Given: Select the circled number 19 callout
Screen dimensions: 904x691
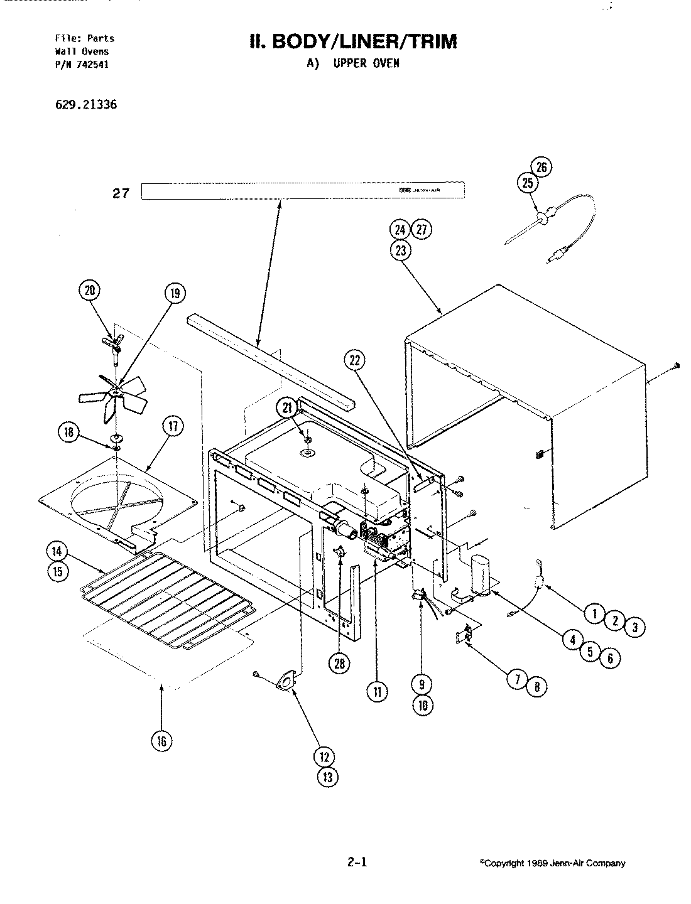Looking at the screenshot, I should (x=176, y=293).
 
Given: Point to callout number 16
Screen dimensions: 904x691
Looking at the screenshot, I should (x=161, y=741).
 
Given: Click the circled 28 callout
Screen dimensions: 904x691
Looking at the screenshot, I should (x=342, y=664).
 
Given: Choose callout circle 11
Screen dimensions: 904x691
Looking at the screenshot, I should (x=376, y=692).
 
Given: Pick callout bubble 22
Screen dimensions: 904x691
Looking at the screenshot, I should (x=355, y=360).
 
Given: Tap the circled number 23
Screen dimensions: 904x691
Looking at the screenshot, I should (x=401, y=250).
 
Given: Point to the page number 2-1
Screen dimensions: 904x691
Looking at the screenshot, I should (x=356, y=862).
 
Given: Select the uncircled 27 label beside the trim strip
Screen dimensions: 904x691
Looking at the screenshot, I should (x=120, y=193).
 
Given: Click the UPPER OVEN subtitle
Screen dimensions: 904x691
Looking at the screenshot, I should (x=352, y=63).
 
